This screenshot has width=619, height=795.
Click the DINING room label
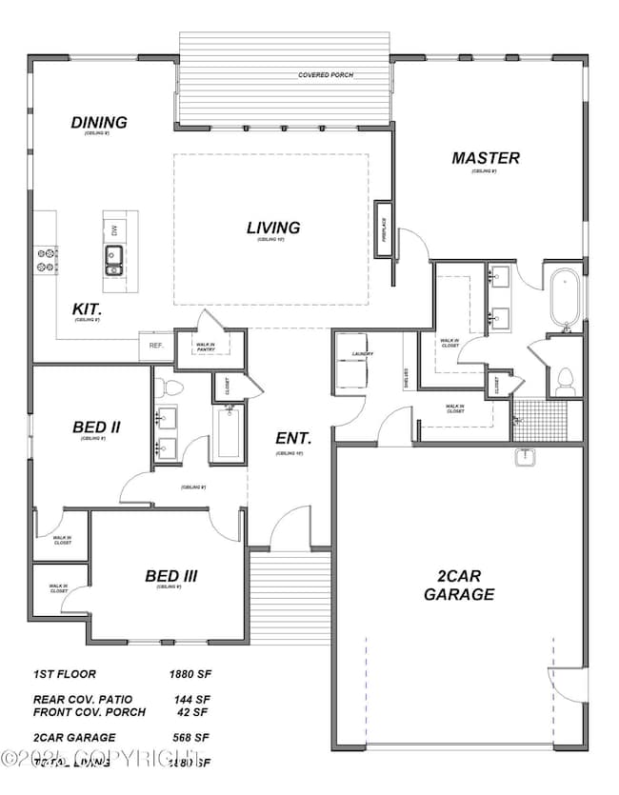(99, 123)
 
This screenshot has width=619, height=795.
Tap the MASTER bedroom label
(486, 158)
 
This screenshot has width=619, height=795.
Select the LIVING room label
(273, 228)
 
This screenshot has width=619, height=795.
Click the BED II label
(95, 427)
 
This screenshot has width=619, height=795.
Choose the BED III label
(171, 576)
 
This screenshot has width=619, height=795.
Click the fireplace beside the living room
(385, 229)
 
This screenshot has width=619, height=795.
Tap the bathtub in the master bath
(565, 298)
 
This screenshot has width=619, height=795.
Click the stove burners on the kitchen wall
(46, 260)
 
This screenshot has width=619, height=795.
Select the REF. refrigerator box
(156, 346)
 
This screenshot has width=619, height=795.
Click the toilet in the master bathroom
(564, 380)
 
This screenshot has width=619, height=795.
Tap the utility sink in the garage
(525, 459)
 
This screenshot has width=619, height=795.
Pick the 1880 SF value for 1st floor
(190, 674)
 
